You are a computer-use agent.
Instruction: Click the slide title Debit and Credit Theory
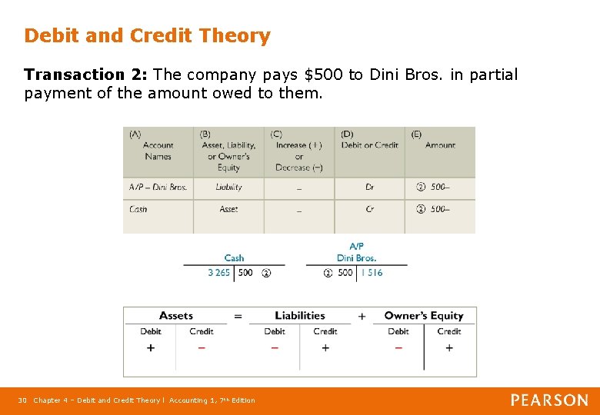coord(147,36)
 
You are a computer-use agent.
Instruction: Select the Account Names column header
coord(158,151)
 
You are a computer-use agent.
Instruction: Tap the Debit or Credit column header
coord(369,145)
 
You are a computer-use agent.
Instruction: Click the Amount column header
coord(440,145)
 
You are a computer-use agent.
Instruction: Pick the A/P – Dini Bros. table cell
coord(158,187)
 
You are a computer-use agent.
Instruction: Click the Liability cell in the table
coord(228,187)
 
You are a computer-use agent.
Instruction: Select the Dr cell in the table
coord(369,187)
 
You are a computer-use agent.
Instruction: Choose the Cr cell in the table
coord(369,209)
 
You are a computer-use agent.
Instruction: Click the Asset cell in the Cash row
coord(228,209)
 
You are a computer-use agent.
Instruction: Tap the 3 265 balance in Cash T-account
coord(218,273)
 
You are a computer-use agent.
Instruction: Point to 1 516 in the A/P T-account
coord(372,273)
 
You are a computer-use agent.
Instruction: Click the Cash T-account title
coord(234,258)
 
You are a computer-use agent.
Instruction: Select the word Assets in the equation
coord(176,316)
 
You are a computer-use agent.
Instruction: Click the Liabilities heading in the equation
coord(300,316)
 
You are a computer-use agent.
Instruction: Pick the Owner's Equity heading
coord(424,316)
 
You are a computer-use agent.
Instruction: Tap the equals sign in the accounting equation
coord(238,316)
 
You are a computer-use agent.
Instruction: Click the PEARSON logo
coord(549,400)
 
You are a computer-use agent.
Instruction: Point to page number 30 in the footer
coord(22,400)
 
